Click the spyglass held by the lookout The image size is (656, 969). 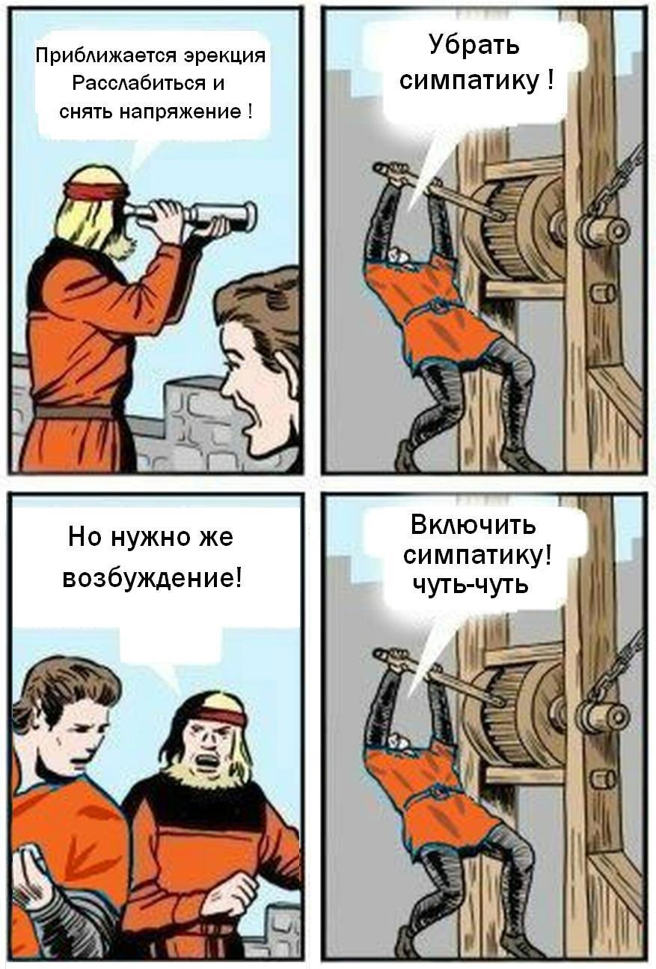point(190,213)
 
